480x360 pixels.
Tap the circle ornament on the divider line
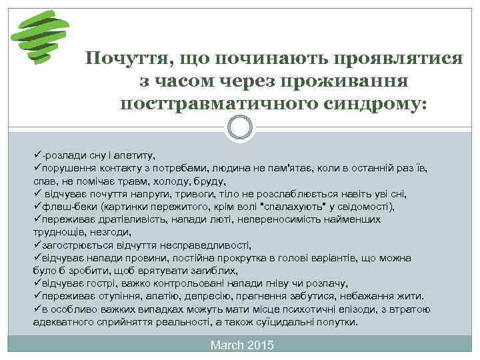pyautogui.click(x=240, y=127)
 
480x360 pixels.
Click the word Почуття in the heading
pyautogui.click(x=124, y=58)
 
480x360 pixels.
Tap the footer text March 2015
pyautogui.click(x=241, y=345)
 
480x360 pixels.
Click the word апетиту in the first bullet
pyautogui.click(x=135, y=154)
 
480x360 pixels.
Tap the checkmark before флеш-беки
pyautogui.click(x=37, y=206)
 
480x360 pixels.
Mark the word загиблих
pyautogui.click(x=215, y=270)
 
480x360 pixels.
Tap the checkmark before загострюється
pyautogui.click(x=37, y=244)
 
